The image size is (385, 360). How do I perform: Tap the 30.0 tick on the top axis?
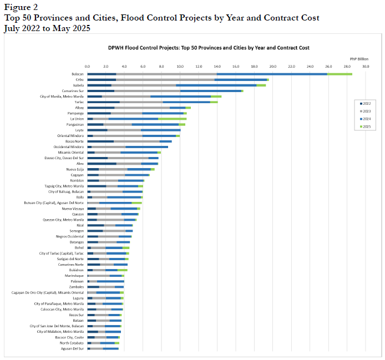pos(366,67)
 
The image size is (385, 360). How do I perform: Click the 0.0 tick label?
pos(87,67)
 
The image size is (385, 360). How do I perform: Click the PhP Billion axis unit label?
pos(358,58)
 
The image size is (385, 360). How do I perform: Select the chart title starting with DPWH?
pos(208,48)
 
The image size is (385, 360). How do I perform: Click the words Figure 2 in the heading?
pos(21,7)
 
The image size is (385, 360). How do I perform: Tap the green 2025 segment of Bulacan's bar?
pos(340,74)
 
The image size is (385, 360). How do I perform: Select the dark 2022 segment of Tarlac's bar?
pos(103,102)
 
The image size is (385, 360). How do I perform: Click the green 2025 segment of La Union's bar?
pos(173,119)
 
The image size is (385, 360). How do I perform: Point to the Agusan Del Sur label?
pos(73,348)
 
